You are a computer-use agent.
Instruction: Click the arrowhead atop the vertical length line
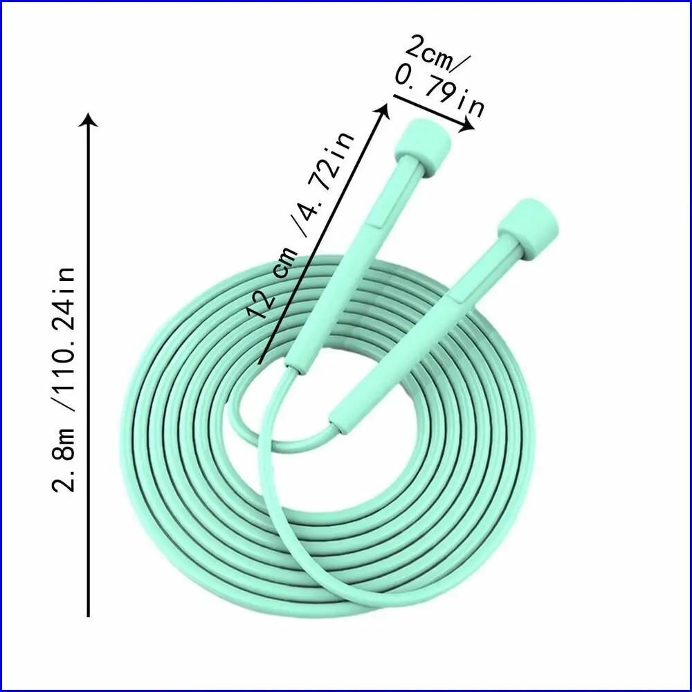[x=89, y=120]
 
